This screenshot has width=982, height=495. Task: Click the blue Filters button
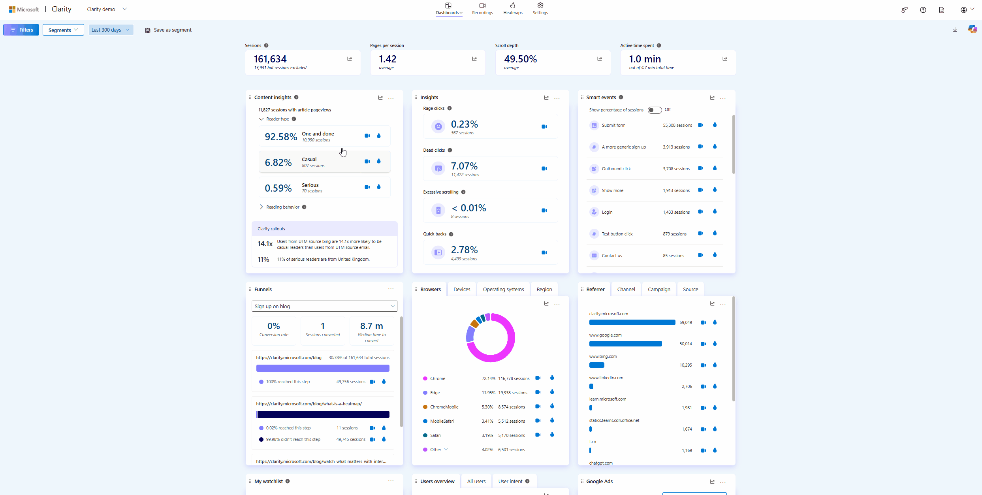click(21, 30)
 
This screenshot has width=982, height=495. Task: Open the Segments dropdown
click(63, 30)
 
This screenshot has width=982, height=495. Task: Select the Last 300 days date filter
click(111, 30)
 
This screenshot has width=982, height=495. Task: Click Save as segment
click(168, 30)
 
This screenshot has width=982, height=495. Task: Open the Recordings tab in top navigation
click(482, 8)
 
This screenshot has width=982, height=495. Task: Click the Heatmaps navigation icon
click(513, 6)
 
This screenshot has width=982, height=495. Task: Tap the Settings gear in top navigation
click(540, 6)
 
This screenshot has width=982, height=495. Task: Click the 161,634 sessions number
click(270, 59)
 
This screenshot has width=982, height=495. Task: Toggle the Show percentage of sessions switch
click(655, 110)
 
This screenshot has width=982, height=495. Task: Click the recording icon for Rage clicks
click(544, 127)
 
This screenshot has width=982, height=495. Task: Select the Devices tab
click(462, 289)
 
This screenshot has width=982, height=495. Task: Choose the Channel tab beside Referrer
click(626, 289)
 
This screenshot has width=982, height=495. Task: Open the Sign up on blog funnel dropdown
click(324, 306)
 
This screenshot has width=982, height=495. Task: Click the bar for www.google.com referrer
click(625, 344)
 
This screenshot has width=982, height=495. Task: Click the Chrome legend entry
click(437, 378)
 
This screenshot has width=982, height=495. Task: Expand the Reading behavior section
click(282, 207)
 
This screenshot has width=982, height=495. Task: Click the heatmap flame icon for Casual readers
click(379, 161)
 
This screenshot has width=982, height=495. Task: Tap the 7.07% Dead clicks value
click(464, 166)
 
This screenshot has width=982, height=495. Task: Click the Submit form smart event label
click(613, 125)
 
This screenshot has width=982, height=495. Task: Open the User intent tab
click(510, 481)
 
